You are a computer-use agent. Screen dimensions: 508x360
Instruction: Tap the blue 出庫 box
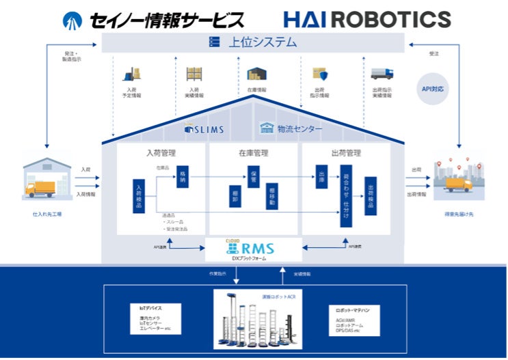pyautogui.click(x=322, y=176)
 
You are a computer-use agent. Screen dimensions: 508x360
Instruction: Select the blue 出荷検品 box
pyautogui.click(x=371, y=196)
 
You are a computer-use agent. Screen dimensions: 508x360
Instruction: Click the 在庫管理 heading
pyautogui.click(x=254, y=152)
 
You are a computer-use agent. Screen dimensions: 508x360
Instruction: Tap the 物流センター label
pyautogui.click(x=293, y=128)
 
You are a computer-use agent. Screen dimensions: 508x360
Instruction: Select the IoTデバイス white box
pyautogui.click(x=156, y=319)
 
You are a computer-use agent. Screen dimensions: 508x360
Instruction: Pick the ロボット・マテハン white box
pyautogui.click(x=356, y=319)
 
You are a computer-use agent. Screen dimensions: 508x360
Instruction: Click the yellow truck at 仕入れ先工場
pyautogui.click(x=42, y=189)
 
